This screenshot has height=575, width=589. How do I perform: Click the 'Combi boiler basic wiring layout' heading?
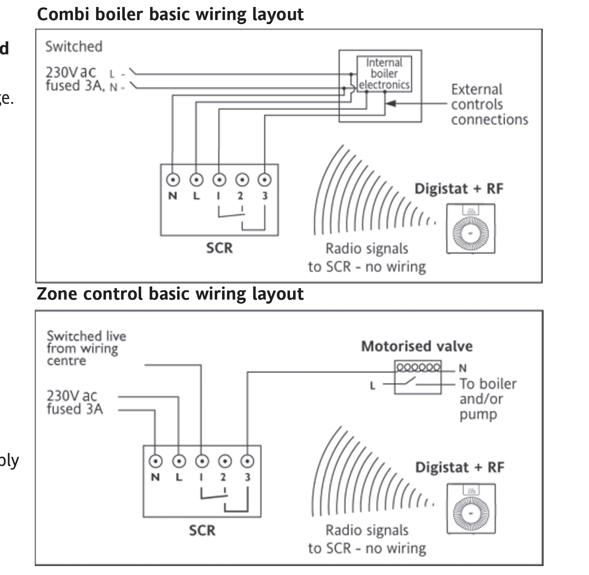[x=170, y=14]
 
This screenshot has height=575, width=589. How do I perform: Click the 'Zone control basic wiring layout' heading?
[x=170, y=294]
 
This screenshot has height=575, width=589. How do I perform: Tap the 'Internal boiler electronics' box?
[x=384, y=74]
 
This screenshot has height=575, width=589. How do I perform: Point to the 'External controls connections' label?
[x=489, y=104]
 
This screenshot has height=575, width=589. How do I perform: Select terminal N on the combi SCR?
[x=173, y=180]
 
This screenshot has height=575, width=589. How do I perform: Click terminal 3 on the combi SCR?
[x=265, y=180]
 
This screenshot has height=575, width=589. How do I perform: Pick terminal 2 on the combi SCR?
[x=242, y=180]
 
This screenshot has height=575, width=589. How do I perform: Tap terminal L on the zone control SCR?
[x=179, y=461]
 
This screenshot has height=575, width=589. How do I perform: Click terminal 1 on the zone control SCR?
[x=201, y=461]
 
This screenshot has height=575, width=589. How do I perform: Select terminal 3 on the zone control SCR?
[x=247, y=461]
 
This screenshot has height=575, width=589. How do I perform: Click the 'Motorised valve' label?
[x=417, y=346]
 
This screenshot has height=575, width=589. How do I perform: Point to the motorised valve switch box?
[x=418, y=377]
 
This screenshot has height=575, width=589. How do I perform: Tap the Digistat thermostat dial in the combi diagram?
[x=470, y=233]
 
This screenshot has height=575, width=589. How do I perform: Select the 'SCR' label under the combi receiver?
[x=219, y=248]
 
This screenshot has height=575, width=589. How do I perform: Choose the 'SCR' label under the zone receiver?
[x=202, y=530]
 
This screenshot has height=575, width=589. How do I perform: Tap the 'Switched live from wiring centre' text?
[x=86, y=348]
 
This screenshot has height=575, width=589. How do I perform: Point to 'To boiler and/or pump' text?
[x=488, y=399]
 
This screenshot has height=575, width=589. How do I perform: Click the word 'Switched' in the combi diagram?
[x=74, y=47]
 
